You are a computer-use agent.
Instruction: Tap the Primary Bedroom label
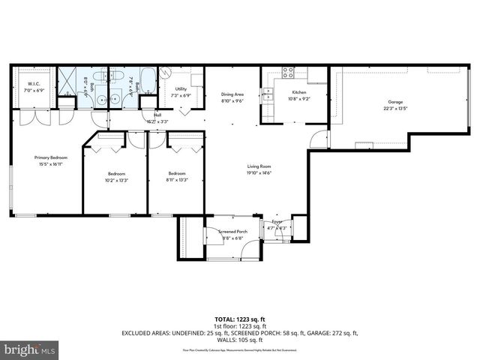coord(46,157)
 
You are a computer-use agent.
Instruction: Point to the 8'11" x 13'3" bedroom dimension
coord(177,180)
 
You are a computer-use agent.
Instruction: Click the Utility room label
coord(180,88)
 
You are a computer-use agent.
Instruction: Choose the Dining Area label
coord(232,94)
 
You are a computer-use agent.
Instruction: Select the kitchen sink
coord(267,94)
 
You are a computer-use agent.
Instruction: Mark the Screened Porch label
coord(232,232)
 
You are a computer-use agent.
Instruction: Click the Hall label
coord(157,115)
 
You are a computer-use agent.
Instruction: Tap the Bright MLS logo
coord(29,349)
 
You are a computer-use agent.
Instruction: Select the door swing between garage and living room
coord(318,140)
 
